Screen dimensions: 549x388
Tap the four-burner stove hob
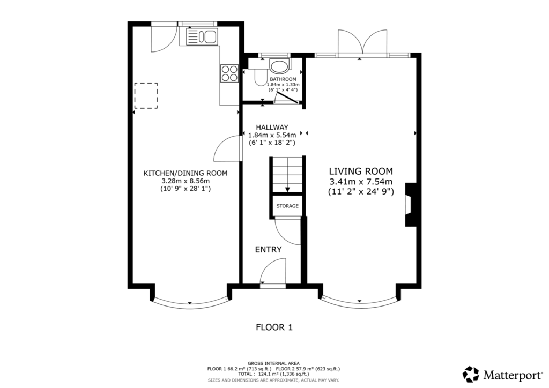(x=229, y=73)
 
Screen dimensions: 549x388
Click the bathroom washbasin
(x=279, y=66)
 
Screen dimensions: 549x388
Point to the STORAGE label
(x=287, y=206)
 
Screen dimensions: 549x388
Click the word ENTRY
(x=268, y=249)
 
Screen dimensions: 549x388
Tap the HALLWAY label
(x=272, y=128)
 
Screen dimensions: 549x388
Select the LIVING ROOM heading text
(x=361, y=171)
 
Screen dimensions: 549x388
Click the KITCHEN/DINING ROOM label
(x=186, y=173)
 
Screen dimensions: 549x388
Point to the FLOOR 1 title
(x=274, y=327)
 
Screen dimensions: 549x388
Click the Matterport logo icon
(x=471, y=375)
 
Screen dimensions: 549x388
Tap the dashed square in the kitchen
(x=146, y=95)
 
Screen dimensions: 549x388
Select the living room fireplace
(x=410, y=205)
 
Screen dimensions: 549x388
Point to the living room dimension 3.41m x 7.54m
(x=361, y=182)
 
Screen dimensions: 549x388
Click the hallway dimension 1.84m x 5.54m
(x=272, y=135)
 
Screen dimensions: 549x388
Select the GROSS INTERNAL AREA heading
(x=273, y=363)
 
